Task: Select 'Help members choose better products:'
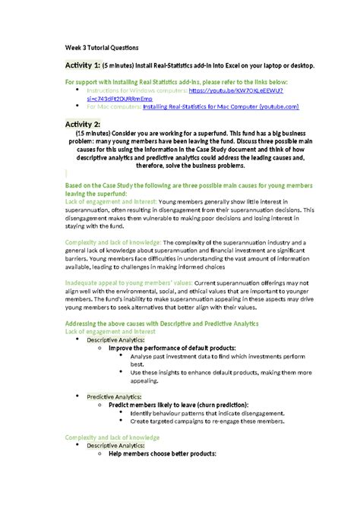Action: pos(163,454)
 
